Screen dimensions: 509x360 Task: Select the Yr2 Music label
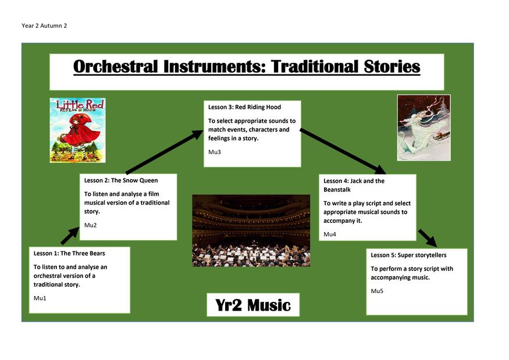click(x=253, y=305)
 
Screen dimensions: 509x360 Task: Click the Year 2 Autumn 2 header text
click(x=44, y=26)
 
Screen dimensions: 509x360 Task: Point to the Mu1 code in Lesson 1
click(x=40, y=298)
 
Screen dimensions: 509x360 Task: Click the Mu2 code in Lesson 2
click(x=90, y=225)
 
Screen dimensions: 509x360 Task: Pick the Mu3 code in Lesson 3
click(x=214, y=152)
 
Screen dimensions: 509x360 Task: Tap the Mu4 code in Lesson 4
click(x=329, y=234)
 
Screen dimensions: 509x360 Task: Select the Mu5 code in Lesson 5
click(x=377, y=291)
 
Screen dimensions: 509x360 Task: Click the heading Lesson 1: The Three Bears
click(x=69, y=253)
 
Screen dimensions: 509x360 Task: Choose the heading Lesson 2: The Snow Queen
click(x=121, y=180)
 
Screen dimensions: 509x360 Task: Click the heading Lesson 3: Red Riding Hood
click(x=244, y=107)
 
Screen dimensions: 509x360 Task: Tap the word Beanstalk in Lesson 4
click(x=337, y=190)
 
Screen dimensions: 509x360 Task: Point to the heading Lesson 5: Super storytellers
click(x=408, y=255)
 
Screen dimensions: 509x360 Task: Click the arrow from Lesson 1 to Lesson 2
click(x=70, y=236)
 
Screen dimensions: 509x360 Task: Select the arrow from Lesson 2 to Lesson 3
click(x=165, y=152)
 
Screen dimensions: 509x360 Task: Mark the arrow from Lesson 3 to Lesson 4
click(x=343, y=151)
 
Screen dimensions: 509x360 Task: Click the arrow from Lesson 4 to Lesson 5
click(x=428, y=238)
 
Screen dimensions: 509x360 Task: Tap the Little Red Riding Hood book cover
click(x=77, y=130)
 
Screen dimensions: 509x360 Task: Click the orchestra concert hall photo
click(x=251, y=230)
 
